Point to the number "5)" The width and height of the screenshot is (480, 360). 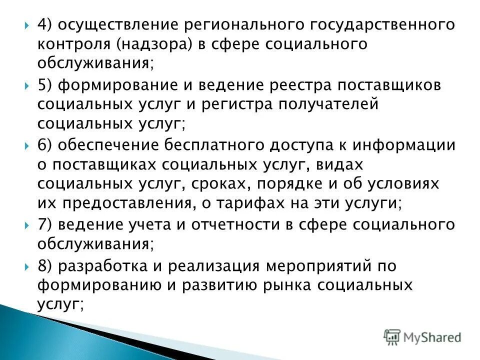point(46,85)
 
